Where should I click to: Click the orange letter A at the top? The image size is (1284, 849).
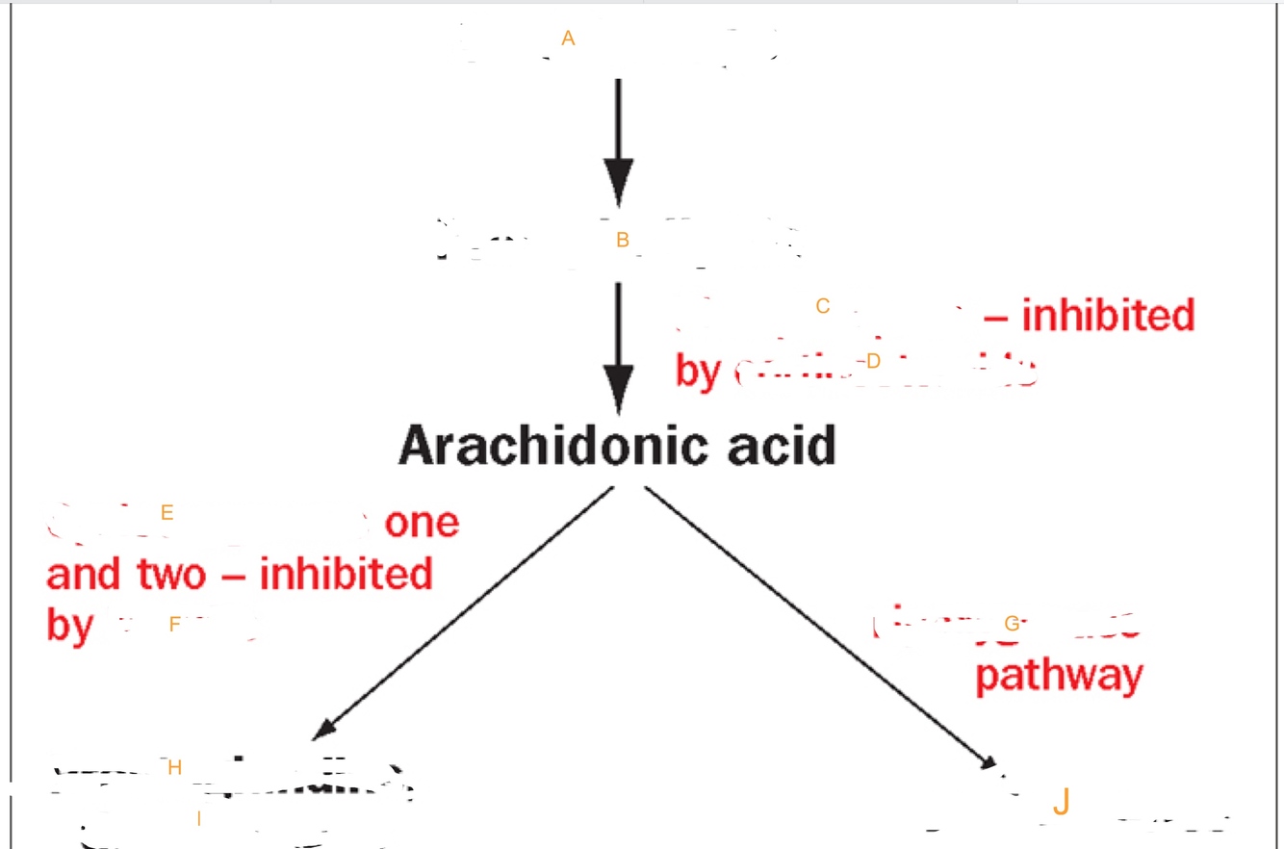(568, 39)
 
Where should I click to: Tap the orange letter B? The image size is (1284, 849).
(622, 240)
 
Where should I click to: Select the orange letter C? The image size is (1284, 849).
(822, 306)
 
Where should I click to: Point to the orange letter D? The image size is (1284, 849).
(873, 361)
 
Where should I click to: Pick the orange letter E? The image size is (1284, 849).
(167, 512)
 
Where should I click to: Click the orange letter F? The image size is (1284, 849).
(174, 625)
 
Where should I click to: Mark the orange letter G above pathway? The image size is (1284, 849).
(1011, 623)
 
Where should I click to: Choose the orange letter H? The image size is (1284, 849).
(174, 767)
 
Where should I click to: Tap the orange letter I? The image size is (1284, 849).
(198, 819)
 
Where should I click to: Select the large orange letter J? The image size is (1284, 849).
(1060, 801)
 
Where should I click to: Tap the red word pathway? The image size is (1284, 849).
(1059, 677)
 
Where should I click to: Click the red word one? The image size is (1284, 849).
(422, 523)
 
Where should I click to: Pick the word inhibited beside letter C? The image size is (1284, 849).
(1107, 315)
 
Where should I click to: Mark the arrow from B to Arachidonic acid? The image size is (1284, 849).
(618, 347)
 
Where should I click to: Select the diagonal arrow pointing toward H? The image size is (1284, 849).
(462, 613)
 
